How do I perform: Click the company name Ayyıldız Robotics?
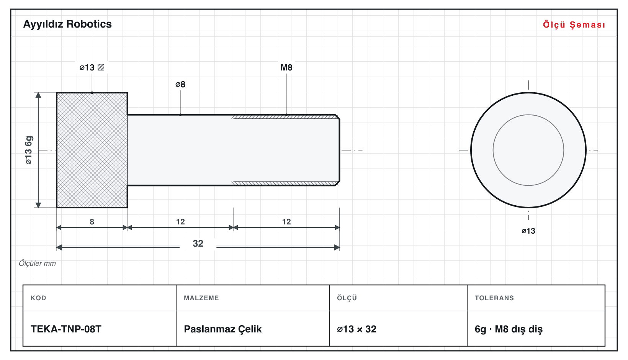coord(67,24)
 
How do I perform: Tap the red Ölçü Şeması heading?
coord(574,25)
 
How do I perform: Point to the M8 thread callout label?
coord(286,67)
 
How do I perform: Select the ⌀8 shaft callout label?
coord(180,84)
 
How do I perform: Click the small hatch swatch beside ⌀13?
coord(101,67)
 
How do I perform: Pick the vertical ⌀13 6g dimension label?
coord(29,150)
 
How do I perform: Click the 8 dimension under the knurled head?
coord(92,222)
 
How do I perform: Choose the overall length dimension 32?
coord(198,243)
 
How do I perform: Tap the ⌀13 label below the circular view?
coord(528,231)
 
